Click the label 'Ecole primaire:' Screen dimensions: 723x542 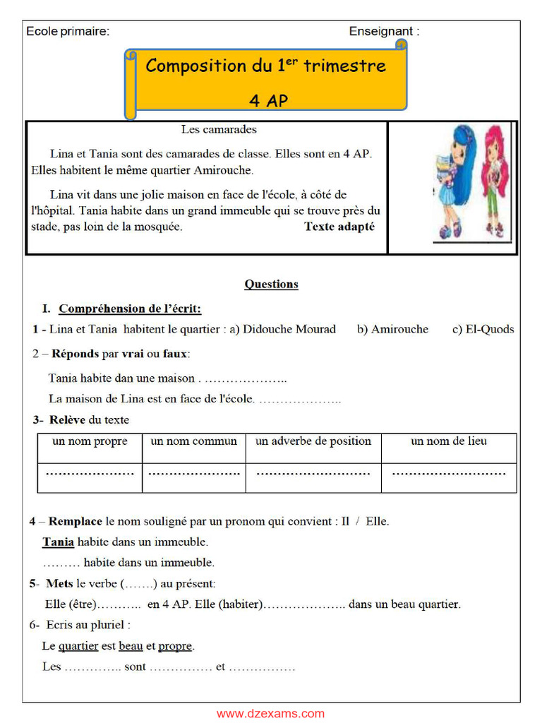click(68, 31)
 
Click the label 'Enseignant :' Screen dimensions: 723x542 click(384, 31)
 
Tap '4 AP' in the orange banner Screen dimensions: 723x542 click(269, 100)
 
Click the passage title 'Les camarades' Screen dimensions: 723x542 click(219, 129)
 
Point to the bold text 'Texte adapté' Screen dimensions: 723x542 click(339, 227)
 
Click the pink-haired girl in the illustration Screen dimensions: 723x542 click(494, 180)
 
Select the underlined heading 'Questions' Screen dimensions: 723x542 click(271, 284)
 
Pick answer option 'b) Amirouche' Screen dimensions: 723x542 click(392, 329)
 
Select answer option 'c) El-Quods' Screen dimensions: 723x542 click(483, 329)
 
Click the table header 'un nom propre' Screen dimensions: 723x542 click(90, 441)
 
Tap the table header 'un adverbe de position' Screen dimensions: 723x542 click(313, 441)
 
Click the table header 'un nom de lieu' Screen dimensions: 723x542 click(449, 441)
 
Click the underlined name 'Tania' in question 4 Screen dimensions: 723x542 click(59, 542)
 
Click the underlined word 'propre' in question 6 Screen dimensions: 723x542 click(175, 646)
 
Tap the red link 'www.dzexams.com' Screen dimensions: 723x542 click(271, 713)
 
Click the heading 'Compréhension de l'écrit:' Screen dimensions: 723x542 click(130, 309)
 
